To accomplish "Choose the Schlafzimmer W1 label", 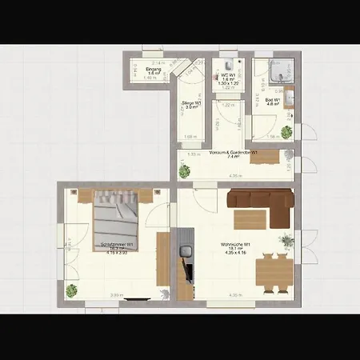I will click(117, 246).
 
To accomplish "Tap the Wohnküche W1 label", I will click(237, 246).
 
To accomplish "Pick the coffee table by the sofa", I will click(248, 218).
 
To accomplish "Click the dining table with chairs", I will click(271, 270).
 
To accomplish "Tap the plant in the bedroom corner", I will click(73, 290).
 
